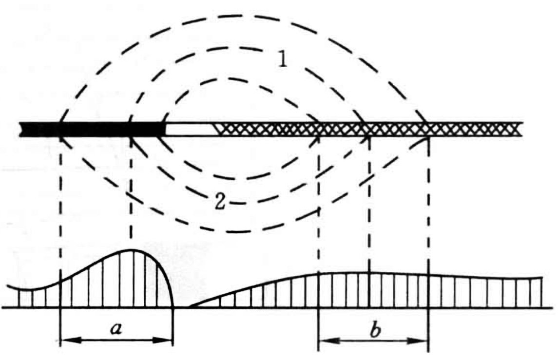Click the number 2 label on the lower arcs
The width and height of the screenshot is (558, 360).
(x=220, y=201)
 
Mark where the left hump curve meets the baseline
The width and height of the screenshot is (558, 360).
(x=173, y=307)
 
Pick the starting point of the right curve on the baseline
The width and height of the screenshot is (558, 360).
(x=189, y=307)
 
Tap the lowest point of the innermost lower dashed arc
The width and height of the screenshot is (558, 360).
(x=244, y=178)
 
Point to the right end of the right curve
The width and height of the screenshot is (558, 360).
(x=542, y=278)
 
